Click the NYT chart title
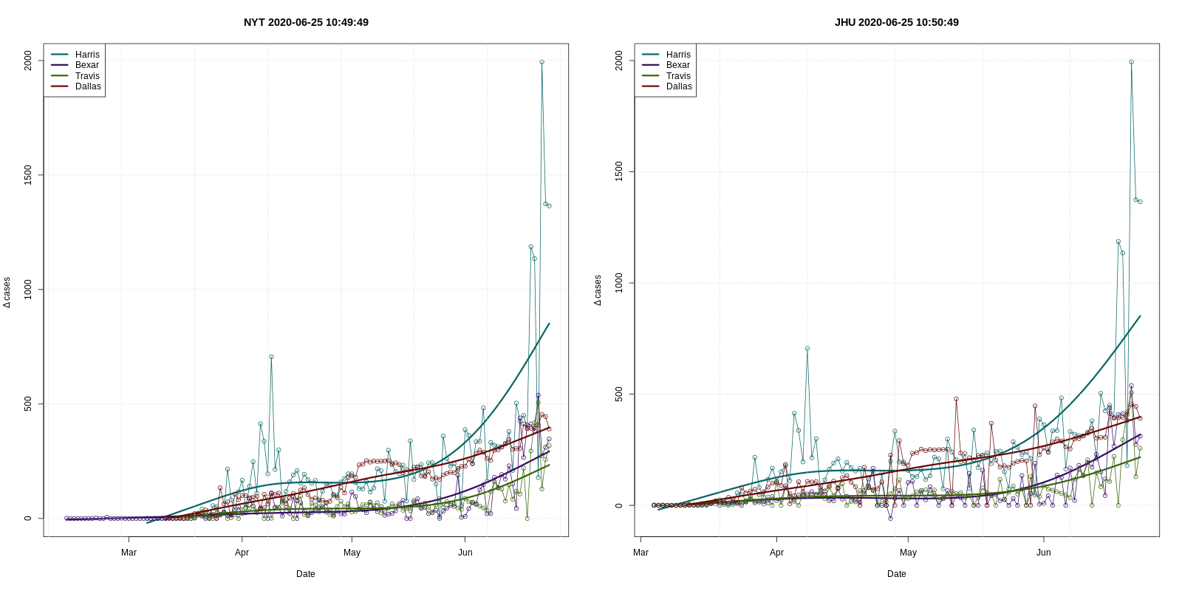point(306,22)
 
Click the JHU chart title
point(896,22)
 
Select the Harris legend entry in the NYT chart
point(86,55)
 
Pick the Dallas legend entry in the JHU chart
point(678,86)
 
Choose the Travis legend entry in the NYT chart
point(86,76)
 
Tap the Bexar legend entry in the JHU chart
point(677,65)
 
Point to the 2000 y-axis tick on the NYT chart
point(28,61)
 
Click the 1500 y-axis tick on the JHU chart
point(619,172)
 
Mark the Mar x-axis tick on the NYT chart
point(129,553)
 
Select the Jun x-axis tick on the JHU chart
point(1043,553)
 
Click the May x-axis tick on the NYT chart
point(352,553)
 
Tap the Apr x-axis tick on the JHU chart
point(776,553)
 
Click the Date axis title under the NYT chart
point(306,574)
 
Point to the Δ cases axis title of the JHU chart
point(598,290)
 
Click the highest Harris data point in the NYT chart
point(542,62)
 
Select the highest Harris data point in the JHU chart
point(1131,62)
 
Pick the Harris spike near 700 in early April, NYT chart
point(271,357)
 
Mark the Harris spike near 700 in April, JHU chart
point(807,349)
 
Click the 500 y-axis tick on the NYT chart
point(28,404)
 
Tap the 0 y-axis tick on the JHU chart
point(619,505)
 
